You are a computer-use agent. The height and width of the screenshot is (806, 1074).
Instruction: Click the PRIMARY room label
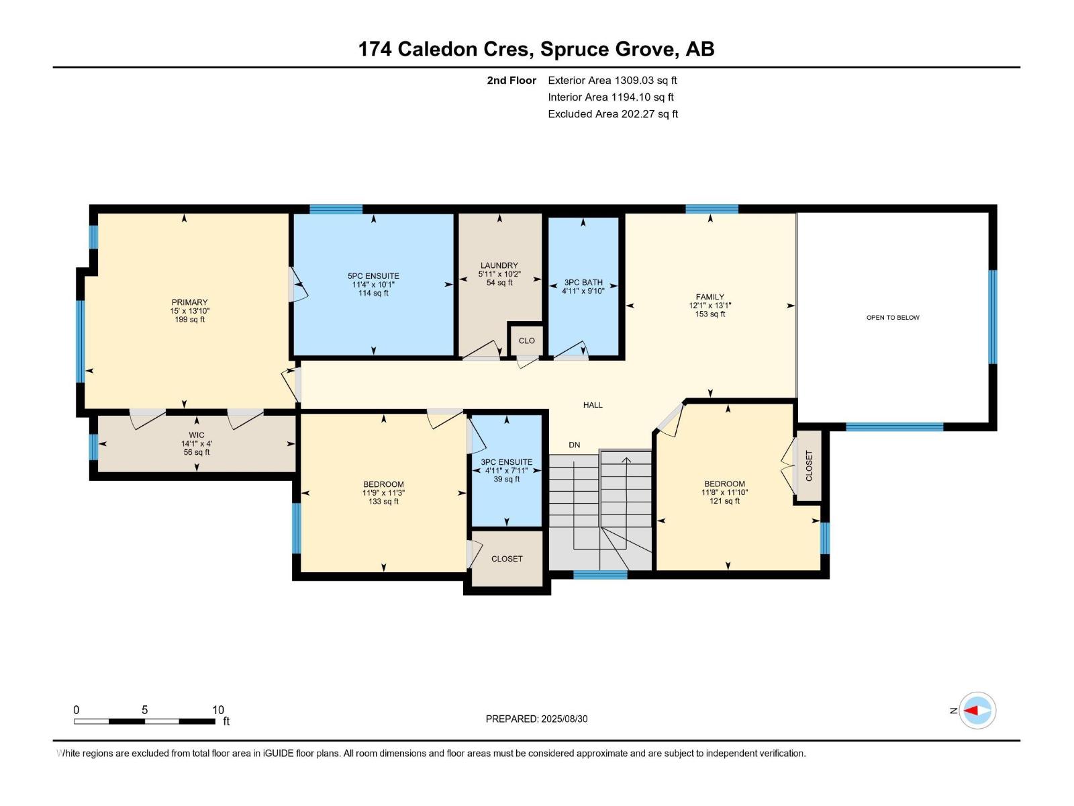point(189,302)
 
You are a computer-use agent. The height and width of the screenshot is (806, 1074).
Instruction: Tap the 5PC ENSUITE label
point(373,276)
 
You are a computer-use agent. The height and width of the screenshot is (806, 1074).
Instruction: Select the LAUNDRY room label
point(499,265)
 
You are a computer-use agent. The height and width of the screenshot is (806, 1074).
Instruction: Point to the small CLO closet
point(526,341)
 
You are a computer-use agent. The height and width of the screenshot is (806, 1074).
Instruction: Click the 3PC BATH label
point(583,282)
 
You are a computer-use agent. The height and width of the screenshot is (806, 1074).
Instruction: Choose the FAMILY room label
point(710,297)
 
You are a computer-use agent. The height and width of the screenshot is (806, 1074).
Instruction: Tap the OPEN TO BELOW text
point(893,318)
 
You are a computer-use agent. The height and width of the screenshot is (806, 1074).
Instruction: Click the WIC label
point(197,435)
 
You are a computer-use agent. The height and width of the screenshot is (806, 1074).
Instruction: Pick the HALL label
point(593,405)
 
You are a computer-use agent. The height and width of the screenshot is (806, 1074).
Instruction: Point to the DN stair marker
point(575,445)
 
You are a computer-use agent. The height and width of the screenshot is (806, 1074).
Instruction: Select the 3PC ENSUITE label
point(506,462)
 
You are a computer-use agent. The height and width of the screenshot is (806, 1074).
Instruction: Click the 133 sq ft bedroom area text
point(383,502)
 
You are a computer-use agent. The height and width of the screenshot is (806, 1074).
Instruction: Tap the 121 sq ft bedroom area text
point(725,501)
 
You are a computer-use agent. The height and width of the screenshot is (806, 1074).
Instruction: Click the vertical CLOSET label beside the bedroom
point(809,466)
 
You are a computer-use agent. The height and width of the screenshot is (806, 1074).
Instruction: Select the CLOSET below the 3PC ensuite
point(507,559)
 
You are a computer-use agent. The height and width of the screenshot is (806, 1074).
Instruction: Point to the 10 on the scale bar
point(218,710)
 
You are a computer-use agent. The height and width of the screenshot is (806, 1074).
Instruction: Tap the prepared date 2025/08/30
point(564,719)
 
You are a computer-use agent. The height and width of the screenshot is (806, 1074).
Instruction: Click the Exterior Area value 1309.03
point(634,80)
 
